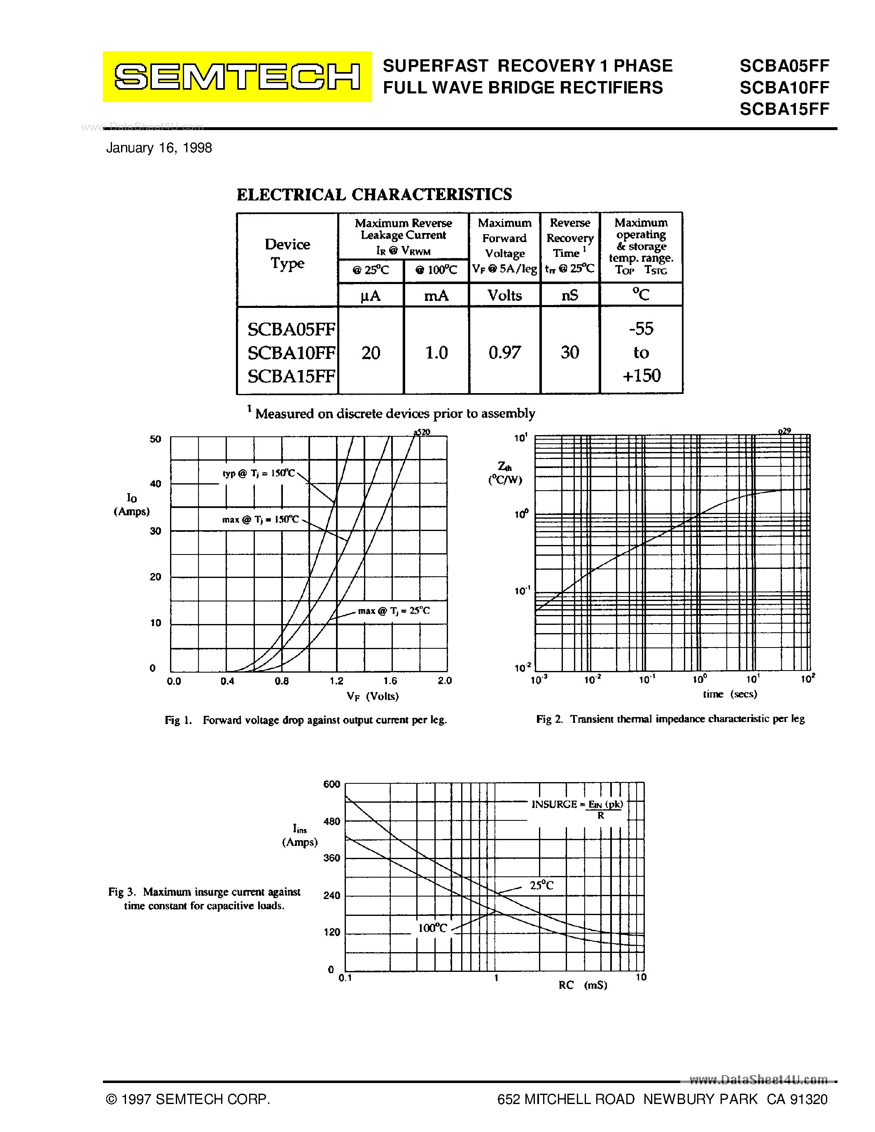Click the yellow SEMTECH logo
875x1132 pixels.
point(237,77)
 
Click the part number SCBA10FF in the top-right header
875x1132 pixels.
point(784,87)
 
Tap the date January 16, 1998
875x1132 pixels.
point(159,148)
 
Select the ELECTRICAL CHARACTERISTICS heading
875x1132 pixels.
point(374,194)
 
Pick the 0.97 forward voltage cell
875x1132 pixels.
point(504,352)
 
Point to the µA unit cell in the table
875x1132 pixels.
point(370,296)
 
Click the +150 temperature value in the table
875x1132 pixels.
point(641,375)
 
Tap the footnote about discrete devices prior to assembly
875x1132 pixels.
point(391,413)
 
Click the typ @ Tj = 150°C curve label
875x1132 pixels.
point(258,473)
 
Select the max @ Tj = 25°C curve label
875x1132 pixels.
point(393,610)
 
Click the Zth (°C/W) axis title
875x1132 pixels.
point(505,473)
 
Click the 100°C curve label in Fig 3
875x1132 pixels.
point(432,928)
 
